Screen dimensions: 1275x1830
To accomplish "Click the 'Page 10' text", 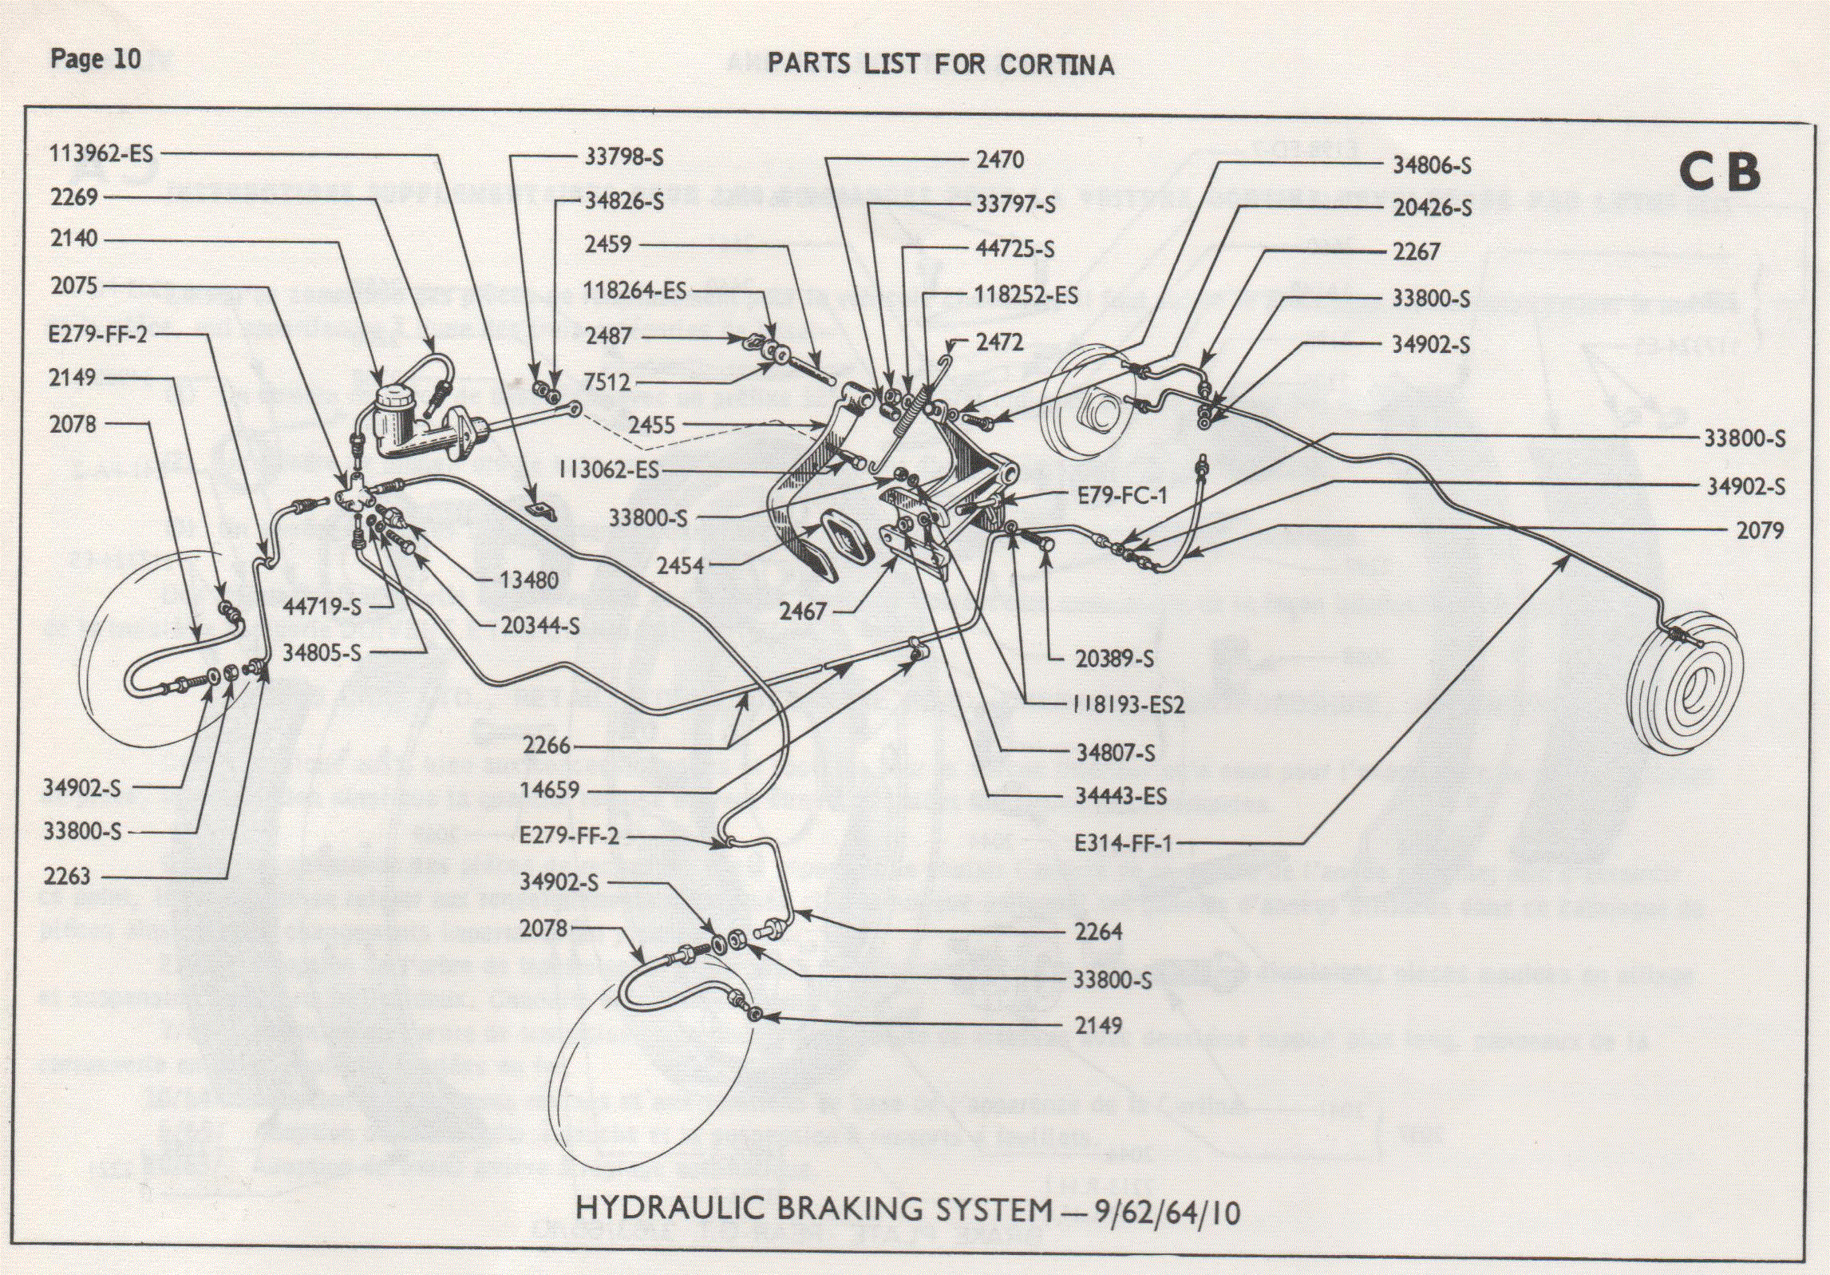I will pos(95,59).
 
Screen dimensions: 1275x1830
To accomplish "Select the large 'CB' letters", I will pos(1719,172).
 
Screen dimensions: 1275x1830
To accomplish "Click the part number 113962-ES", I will pos(101,153).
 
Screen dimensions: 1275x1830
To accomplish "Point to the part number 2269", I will pos(73,196).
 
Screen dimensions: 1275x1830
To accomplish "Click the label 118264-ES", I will pos(634,291).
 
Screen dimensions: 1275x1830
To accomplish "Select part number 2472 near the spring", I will pos(999,343).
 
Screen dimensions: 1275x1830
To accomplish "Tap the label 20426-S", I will pos(1432,208).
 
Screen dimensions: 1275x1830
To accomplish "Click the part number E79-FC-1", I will pos(1122,496).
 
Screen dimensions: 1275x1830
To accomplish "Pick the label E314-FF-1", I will pos(1123,843).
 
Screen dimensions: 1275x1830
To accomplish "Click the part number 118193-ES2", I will pos(1127,705).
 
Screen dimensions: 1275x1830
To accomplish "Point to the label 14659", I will pos(549,790).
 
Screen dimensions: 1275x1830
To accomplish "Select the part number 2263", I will pos(67,877).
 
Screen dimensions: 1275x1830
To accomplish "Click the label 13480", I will pos(528,580).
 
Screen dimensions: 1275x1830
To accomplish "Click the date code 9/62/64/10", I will pos(1167,1213).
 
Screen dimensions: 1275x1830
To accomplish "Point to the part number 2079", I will pos(1760,531).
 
